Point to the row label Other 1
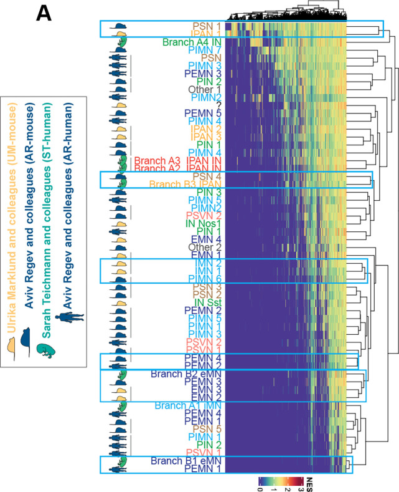(x=205, y=89)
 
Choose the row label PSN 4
(x=208, y=176)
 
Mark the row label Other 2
(x=205, y=247)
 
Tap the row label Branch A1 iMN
(x=189, y=405)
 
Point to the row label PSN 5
(x=208, y=428)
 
